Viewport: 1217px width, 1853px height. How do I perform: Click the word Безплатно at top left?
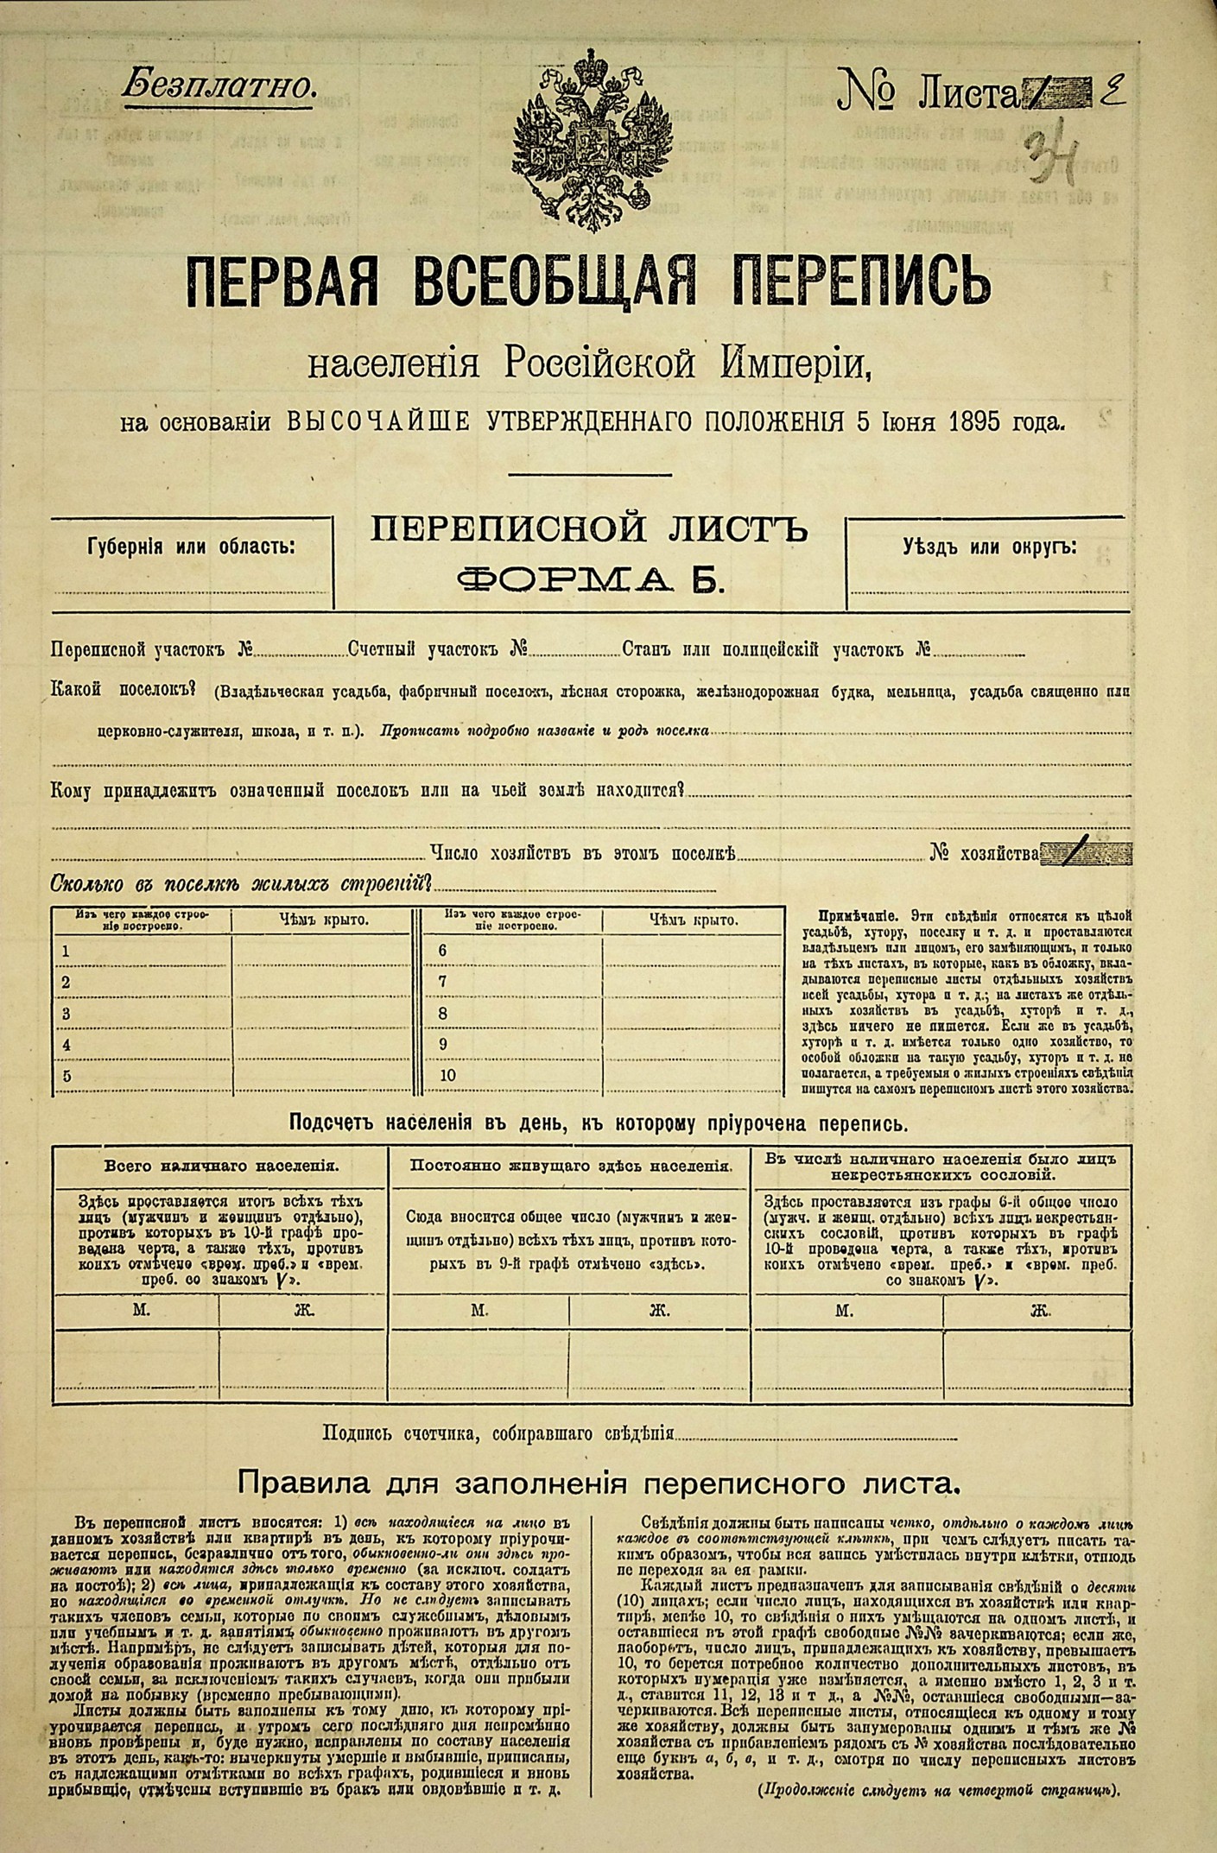pos(219,85)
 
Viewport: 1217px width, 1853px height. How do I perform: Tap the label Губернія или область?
pos(190,547)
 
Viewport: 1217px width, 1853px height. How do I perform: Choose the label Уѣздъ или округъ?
pos(990,546)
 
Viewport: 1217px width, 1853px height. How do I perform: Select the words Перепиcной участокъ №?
pos(152,649)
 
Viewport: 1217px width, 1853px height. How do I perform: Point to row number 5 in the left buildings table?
pos(67,1076)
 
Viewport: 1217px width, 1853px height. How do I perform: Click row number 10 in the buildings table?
pos(447,1076)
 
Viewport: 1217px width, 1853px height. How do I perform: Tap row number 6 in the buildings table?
pos(442,951)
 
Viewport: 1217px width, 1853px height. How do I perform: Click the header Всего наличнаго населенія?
pos(221,1166)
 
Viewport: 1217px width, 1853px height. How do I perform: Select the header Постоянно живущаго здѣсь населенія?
pos(572,1166)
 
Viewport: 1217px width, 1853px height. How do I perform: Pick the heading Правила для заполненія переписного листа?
pos(599,1483)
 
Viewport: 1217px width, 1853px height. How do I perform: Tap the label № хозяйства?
pos(985,854)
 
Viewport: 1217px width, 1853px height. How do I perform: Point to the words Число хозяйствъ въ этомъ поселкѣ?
pos(582,854)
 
